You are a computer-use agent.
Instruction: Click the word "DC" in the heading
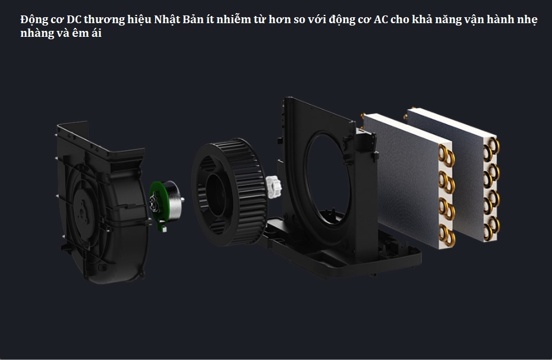click(74, 20)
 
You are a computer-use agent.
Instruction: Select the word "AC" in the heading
click(380, 20)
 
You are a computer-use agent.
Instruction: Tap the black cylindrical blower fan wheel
click(229, 192)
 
